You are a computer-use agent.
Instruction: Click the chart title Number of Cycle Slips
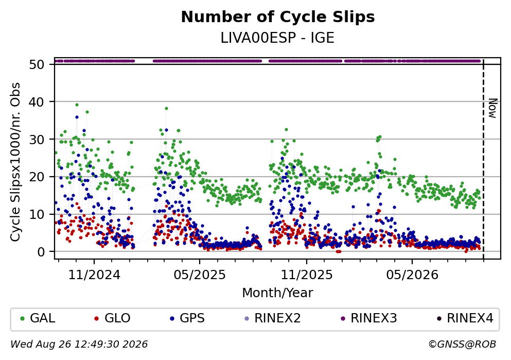pyautogui.click(x=278, y=17)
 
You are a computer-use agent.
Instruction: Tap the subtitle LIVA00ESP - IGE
pyautogui.click(x=277, y=38)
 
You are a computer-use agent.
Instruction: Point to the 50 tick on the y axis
pyautogui.click(x=37, y=64)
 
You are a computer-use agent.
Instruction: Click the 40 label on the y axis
pyautogui.click(x=37, y=102)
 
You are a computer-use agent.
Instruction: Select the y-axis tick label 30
pyautogui.click(x=37, y=140)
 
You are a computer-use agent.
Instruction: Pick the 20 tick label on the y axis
pyautogui.click(x=37, y=177)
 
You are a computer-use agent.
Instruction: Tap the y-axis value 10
pyautogui.click(x=37, y=215)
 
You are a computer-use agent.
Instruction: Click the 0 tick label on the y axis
pyautogui.click(x=41, y=252)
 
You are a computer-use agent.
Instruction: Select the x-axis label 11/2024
pyautogui.click(x=94, y=275)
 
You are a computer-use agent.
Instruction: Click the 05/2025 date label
pyautogui.click(x=200, y=275)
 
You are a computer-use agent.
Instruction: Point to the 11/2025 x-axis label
pyautogui.click(x=307, y=275)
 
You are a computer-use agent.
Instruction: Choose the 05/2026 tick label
pyautogui.click(x=412, y=275)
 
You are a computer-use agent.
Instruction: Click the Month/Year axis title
pyautogui.click(x=278, y=293)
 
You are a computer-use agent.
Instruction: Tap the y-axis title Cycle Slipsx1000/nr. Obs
pyautogui.click(x=15, y=162)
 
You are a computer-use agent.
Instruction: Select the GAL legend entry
pyautogui.click(x=38, y=318)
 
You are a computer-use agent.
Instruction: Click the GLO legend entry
pyautogui.click(x=112, y=318)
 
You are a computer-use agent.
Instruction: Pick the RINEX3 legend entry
pyautogui.click(x=369, y=318)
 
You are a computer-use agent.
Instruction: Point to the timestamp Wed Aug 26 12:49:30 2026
pyautogui.click(x=79, y=345)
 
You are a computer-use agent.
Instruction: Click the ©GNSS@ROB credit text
pyautogui.click(x=463, y=345)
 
